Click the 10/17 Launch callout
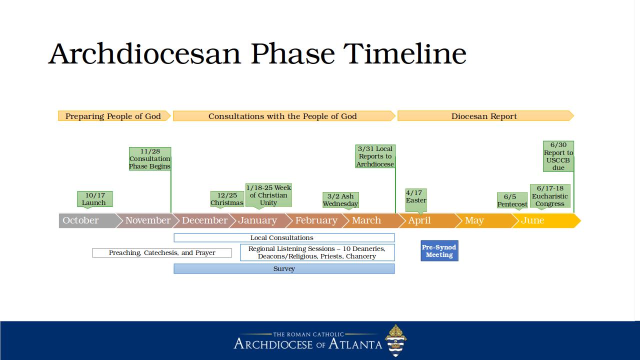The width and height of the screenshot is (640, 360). pos(95,199)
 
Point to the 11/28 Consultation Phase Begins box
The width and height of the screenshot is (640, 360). pos(150,159)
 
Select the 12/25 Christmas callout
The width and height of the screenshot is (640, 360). pos(227,199)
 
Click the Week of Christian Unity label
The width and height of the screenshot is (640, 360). pos(268,195)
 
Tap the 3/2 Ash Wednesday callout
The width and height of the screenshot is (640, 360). pos(340,200)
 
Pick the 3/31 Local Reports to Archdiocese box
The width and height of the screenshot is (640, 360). pos(375,156)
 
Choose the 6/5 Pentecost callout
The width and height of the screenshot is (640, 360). pos(512,200)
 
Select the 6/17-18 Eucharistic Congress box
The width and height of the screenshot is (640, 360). pos(550,196)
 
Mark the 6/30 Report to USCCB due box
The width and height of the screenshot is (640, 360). pos(558,156)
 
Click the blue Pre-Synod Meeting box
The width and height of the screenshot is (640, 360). pos(439,251)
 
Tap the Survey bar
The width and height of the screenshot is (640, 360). pos(284,269)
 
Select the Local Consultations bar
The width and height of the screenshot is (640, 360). pos(284,237)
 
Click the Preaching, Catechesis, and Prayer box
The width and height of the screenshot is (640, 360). pos(162,253)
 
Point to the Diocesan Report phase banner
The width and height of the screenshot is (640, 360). pos(485,116)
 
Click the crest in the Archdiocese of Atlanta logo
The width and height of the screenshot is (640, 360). pos(395,340)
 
